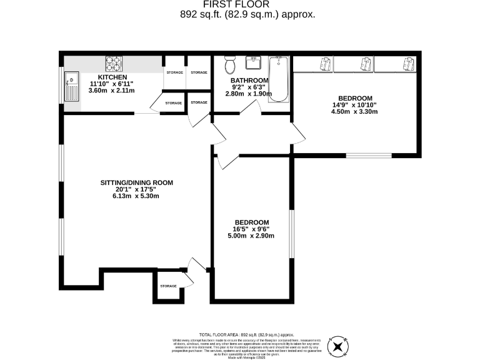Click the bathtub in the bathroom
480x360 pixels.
279,80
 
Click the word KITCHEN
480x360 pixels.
112,77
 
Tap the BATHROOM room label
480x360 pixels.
249,81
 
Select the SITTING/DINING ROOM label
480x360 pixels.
136,183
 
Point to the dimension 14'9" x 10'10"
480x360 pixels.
355,105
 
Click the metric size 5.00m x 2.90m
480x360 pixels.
252,236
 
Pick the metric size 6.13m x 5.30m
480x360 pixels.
136,196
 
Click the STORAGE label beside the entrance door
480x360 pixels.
168,286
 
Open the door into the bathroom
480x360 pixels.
252,107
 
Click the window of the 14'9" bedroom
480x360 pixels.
369,154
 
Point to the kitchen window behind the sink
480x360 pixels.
62,88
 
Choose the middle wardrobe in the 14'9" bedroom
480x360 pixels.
364,63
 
